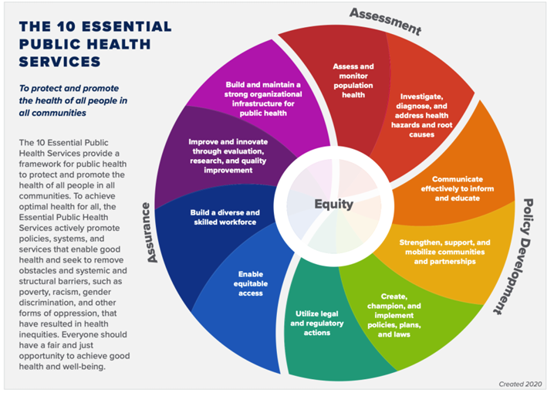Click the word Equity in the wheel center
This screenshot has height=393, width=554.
tap(333, 205)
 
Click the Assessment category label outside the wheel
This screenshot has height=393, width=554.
tap(386, 22)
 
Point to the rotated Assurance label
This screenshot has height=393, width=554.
tap(152, 232)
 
